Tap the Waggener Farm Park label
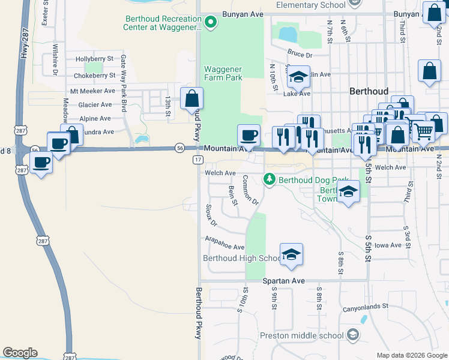[223, 73]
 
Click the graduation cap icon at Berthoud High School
[291, 254]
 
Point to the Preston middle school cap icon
[352, 335]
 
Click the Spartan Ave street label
[284, 281]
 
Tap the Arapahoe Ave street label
[225, 247]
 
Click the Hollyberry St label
[94, 59]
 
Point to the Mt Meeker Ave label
[92, 91]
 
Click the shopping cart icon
[423, 131]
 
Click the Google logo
[20, 353]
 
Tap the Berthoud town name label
[369, 91]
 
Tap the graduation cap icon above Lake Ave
[298, 77]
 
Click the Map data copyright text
[411, 355]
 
